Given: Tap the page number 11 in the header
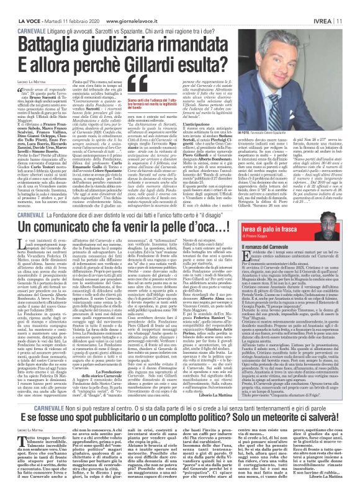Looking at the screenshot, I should [352, 6].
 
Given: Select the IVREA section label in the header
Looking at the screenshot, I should [331, 6].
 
